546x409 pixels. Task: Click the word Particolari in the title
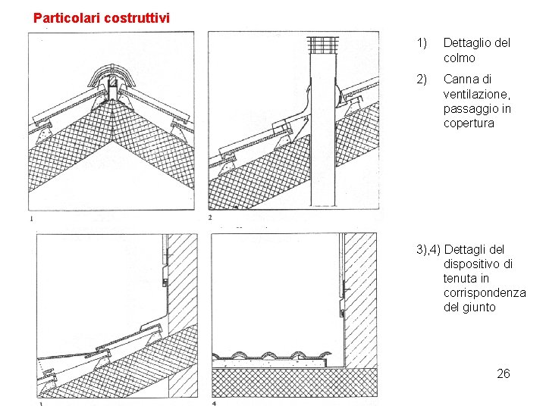coord(66,17)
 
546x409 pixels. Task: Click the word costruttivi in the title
coord(137,17)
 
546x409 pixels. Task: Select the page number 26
coord(503,373)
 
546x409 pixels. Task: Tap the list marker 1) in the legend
coord(422,43)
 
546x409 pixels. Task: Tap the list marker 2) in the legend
coord(422,79)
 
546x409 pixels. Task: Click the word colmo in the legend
coord(459,58)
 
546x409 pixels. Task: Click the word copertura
coord(469,123)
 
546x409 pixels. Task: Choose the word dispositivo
coord(478,264)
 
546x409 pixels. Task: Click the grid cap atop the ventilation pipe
coord(324,45)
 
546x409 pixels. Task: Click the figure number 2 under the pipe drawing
coord(210,218)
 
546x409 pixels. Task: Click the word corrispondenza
coord(485,293)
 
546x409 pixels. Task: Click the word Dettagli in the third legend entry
coord(468,249)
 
